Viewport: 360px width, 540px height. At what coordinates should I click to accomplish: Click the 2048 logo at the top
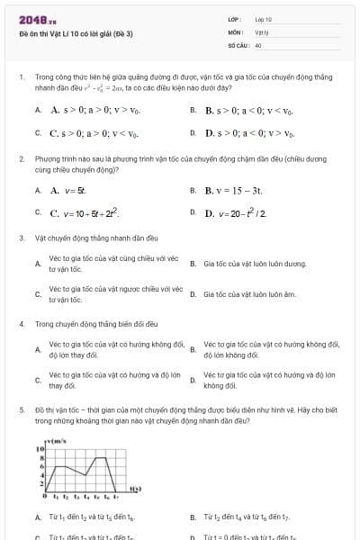(x=37, y=19)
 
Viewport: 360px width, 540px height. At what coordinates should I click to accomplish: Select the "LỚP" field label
(x=235, y=19)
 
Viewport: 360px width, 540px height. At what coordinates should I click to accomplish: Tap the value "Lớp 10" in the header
(x=263, y=19)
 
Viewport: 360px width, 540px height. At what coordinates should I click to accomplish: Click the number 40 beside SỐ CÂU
(x=258, y=44)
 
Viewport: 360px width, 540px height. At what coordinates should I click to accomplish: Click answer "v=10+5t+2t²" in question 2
(x=85, y=214)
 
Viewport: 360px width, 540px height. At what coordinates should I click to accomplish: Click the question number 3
(x=22, y=238)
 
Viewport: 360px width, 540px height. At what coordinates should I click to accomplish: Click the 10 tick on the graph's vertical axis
(x=40, y=448)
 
